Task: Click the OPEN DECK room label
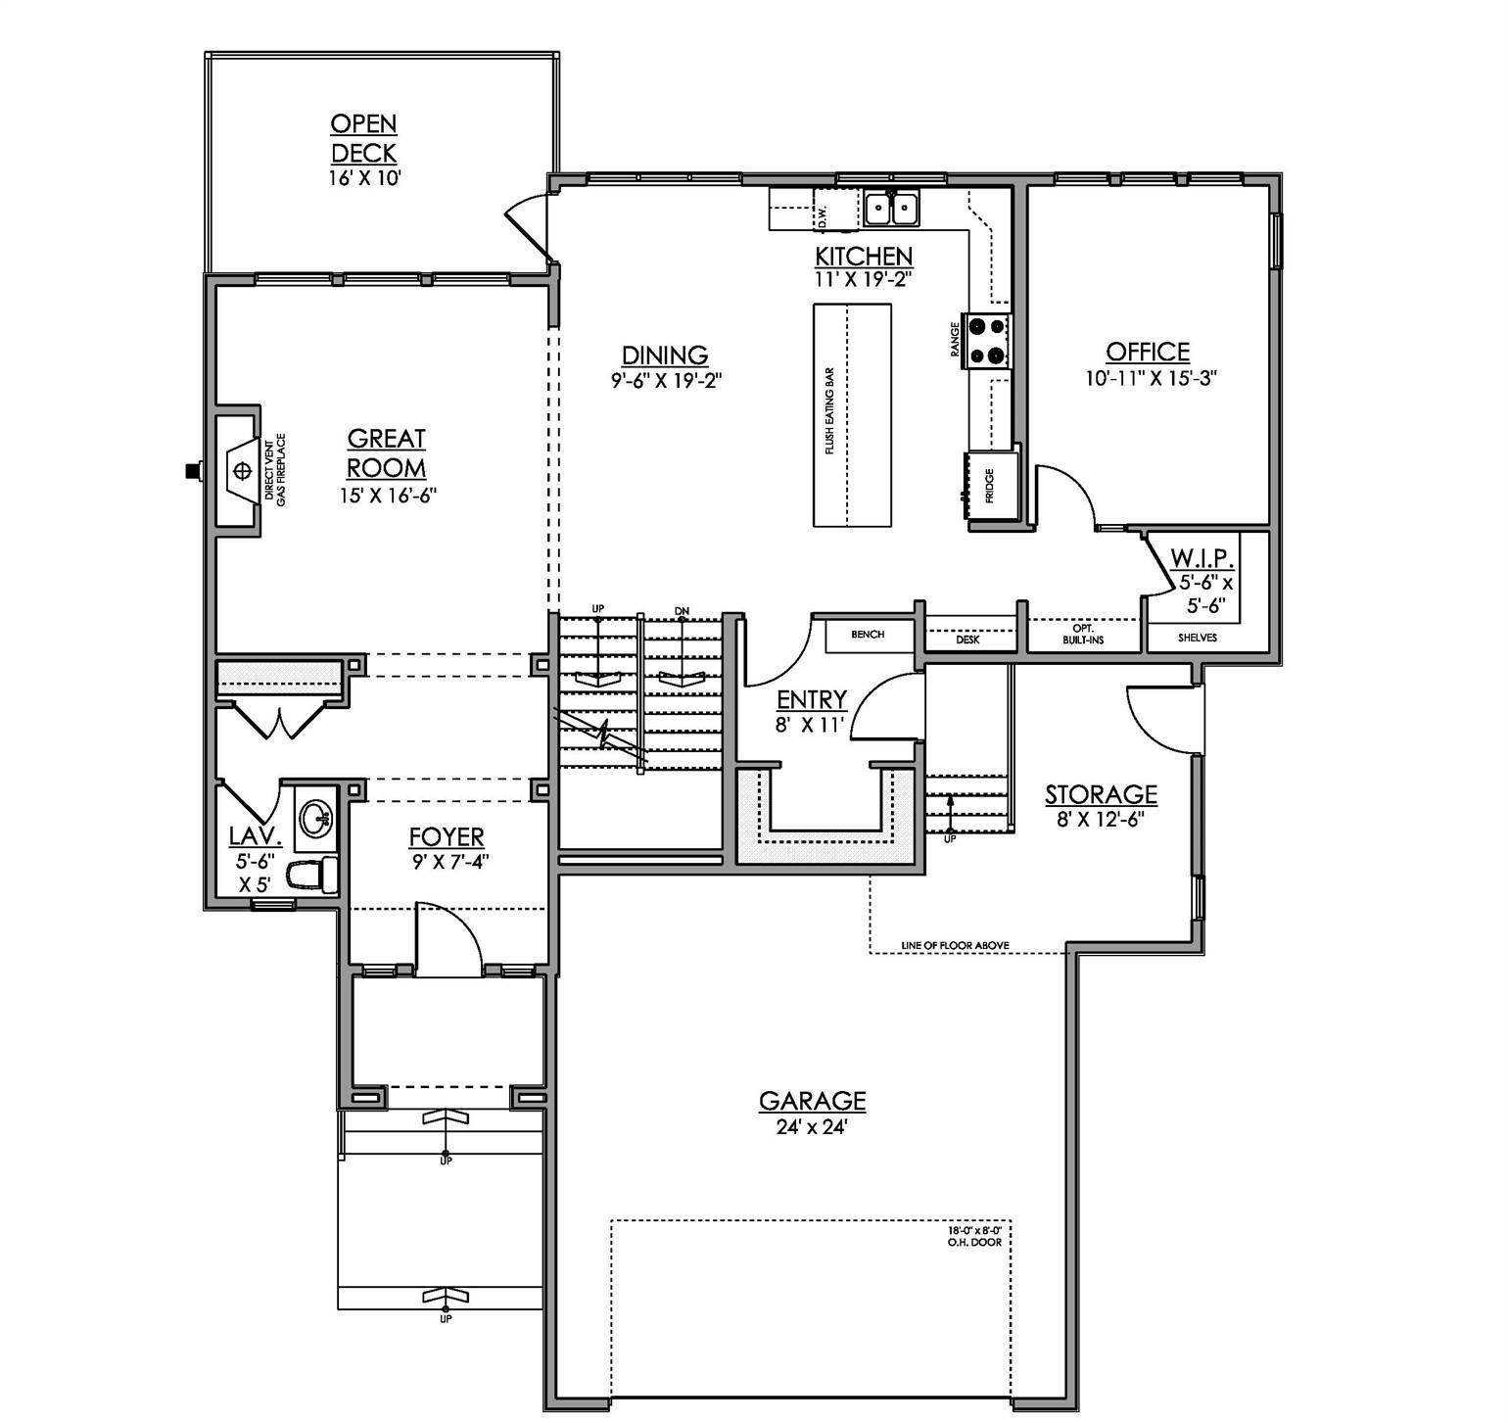(363, 138)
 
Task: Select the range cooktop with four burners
(987, 340)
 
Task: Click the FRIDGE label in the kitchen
(990, 486)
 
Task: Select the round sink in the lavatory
(315, 817)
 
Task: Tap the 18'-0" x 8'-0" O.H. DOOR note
(979, 1235)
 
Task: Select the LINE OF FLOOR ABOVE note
(955, 946)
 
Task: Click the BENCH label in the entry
(868, 635)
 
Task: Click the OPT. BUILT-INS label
(1083, 634)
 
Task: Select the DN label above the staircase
(682, 611)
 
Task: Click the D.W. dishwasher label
(823, 215)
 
